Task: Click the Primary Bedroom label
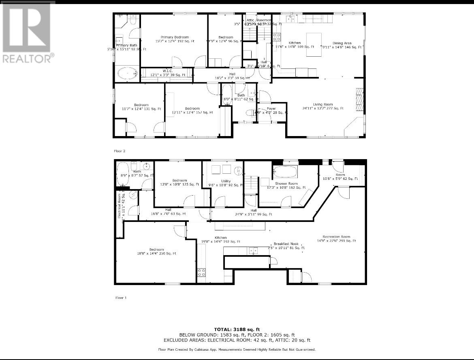click(175, 37)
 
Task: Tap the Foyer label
click(271, 109)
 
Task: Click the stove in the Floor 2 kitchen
click(277, 37)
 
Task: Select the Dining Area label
click(342, 43)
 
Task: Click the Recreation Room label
click(336, 236)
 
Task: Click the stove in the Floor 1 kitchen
click(201, 273)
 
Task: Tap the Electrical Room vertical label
click(120, 207)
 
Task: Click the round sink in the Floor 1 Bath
click(146, 166)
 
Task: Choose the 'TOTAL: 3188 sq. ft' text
click(237, 329)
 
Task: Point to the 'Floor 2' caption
click(120, 151)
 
